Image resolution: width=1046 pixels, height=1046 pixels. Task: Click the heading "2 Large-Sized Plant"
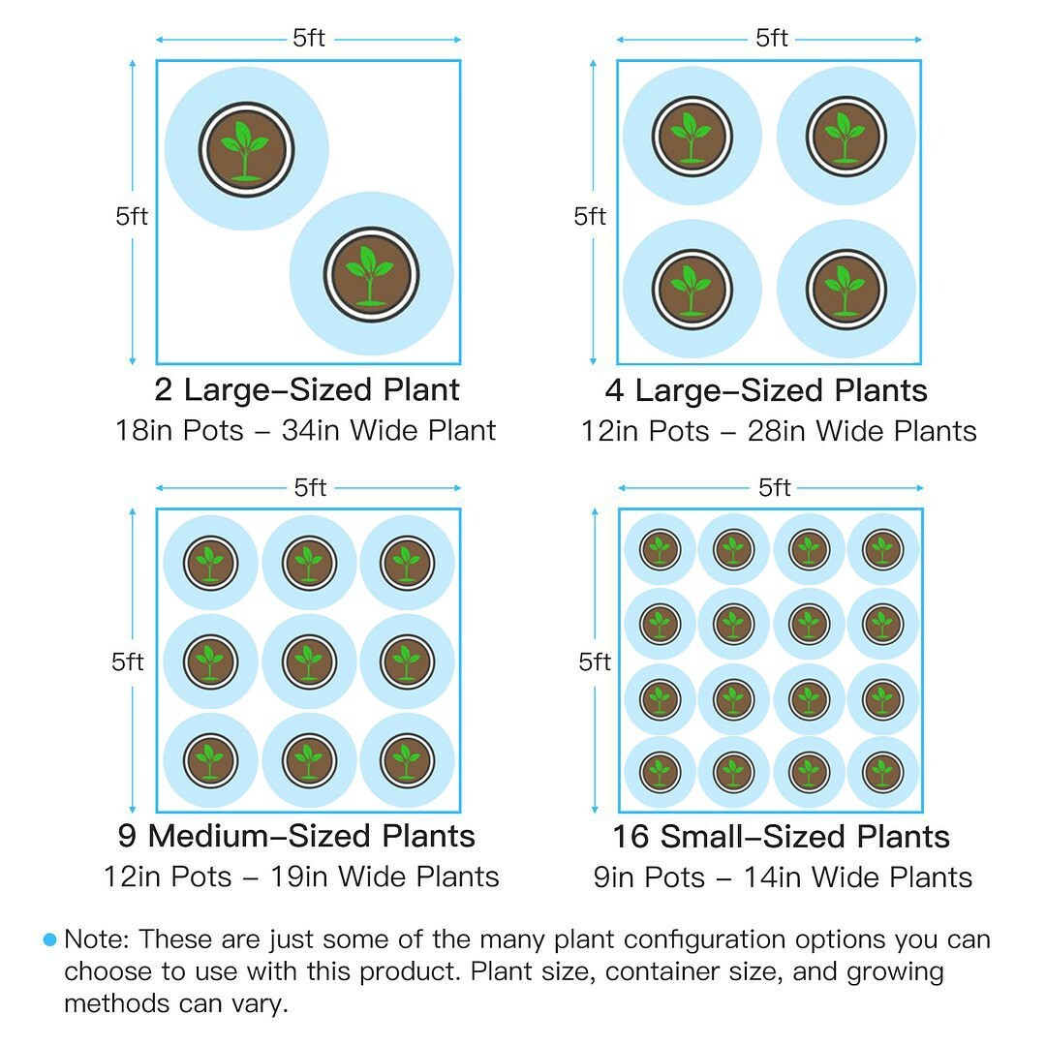tap(307, 390)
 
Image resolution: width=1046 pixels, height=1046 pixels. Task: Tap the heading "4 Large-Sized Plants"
tap(766, 390)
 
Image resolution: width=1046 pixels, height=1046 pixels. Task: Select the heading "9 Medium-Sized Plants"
tap(297, 836)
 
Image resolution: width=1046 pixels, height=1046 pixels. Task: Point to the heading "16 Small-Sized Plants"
tap(781, 836)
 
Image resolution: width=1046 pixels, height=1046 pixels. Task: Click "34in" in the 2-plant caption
tap(310, 430)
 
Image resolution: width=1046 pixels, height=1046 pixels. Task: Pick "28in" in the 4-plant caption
tap(776, 430)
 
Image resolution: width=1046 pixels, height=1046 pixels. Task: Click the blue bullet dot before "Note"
tap(50, 939)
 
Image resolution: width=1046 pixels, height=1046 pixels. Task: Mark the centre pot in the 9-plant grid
tap(309, 662)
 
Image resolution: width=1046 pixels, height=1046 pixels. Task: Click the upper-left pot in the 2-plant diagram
tap(246, 149)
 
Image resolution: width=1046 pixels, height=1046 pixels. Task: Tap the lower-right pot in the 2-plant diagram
tap(370, 274)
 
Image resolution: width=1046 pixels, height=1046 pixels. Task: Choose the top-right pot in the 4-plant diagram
tap(846, 137)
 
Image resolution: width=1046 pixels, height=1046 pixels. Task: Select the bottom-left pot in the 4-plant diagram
tap(692, 289)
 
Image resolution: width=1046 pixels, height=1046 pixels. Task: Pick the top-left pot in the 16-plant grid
tap(660, 550)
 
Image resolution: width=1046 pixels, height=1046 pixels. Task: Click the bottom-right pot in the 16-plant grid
tap(881, 772)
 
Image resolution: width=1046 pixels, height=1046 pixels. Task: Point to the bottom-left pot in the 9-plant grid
tap(210, 760)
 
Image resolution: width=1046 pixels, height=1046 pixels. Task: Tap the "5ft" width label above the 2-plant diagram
tap(309, 39)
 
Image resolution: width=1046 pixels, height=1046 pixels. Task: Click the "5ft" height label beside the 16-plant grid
tap(595, 662)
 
